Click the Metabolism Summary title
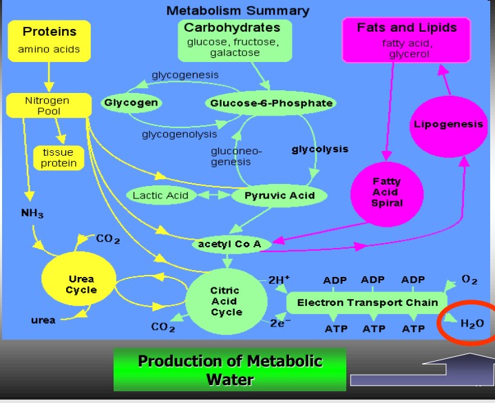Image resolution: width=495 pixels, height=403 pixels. pos(238,10)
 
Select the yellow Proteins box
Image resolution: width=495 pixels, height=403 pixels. pos(49,40)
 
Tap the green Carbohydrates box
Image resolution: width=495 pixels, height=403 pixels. pos(232,39)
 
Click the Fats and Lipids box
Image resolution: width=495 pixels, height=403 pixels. pos(406,40)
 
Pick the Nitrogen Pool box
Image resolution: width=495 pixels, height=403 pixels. pos(48,105)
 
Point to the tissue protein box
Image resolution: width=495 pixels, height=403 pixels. pos(58,158)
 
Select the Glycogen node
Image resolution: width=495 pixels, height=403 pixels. pos(131,103)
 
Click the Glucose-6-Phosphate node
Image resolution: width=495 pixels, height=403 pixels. pos(271,103)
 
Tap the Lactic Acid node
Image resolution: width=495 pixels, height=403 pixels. pos(160,196)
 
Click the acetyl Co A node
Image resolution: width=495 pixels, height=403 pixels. pos(229,245)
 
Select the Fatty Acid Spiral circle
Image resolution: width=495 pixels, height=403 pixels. pos(386,192)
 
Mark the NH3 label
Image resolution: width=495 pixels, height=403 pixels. pos(32,214)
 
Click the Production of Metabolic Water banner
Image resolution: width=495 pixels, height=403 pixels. pos(230,370)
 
